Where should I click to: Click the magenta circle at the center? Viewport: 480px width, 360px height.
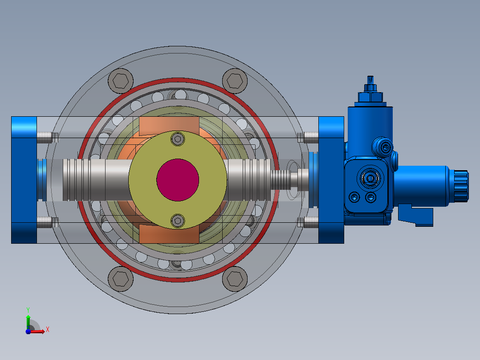point(178,180)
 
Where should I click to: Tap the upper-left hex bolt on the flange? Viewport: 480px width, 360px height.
point(121,81)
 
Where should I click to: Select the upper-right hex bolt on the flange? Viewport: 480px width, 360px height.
point(235,81)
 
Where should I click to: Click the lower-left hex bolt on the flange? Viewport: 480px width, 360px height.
point(121,279)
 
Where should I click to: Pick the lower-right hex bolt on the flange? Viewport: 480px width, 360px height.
point(235,279)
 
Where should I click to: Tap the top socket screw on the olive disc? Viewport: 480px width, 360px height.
point(178,139)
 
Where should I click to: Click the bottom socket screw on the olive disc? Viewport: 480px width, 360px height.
point(178,221)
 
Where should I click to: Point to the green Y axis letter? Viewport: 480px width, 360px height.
point(28,310)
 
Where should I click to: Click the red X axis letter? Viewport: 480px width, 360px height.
point(48,330)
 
